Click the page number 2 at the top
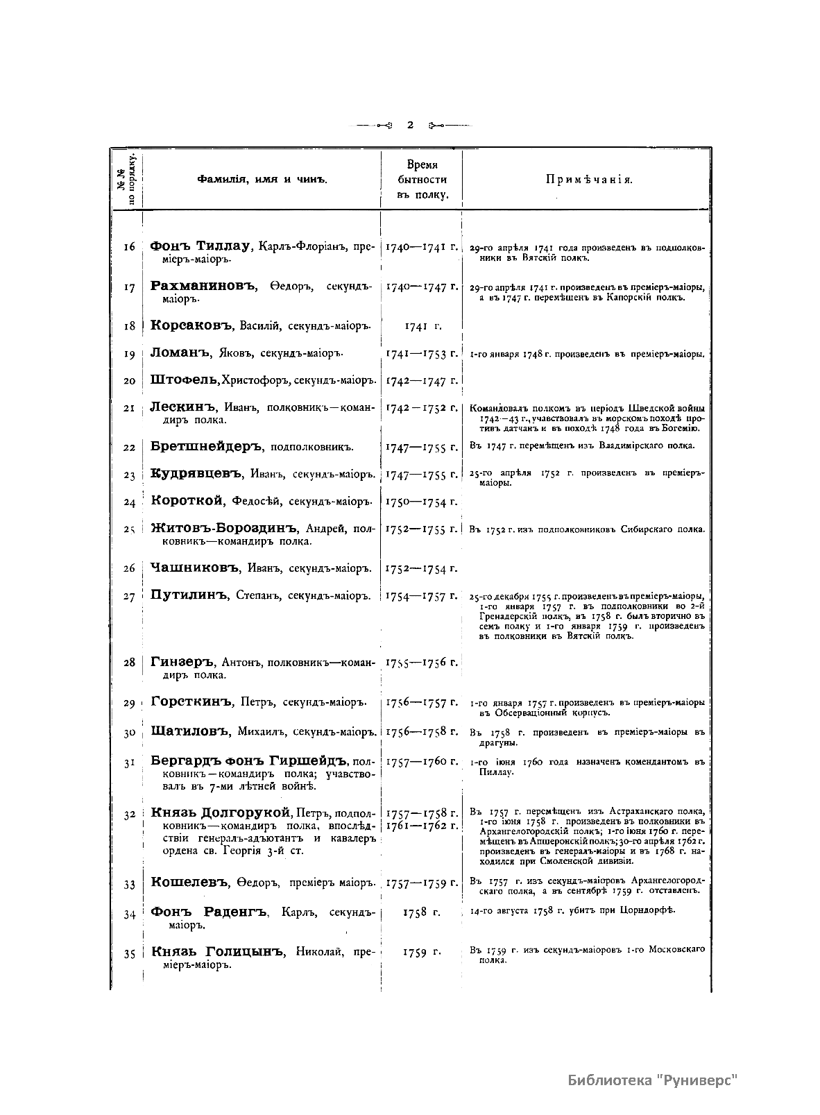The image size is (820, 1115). (410, 125)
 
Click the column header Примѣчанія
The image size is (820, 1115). (588, 180)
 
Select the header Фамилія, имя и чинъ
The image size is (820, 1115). (262, 180)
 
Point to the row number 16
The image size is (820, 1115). (129, 246)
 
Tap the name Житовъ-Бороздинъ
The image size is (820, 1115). (223, 528)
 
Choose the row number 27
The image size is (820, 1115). (129, 597)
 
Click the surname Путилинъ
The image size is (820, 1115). (189, 595)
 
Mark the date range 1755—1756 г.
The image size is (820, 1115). (422, 663)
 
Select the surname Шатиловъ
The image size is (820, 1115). (191, 731)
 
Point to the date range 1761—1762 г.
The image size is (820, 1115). (422, 825)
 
